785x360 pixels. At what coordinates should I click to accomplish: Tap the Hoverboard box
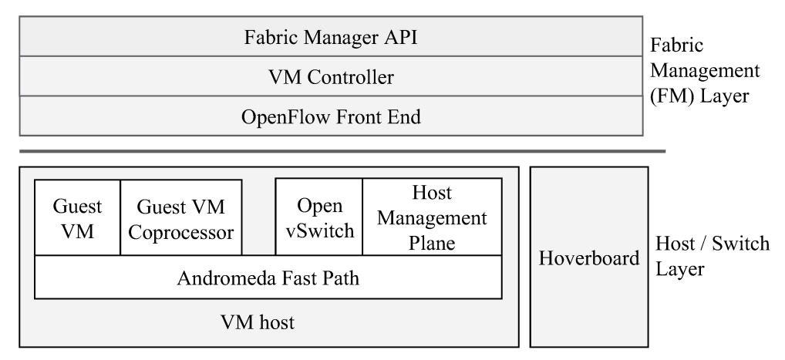point(588,257)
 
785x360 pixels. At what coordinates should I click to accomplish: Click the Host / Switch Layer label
point(711,257)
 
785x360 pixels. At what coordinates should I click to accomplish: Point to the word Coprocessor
point(181,232)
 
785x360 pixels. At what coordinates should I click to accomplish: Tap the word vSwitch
point(319,232)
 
